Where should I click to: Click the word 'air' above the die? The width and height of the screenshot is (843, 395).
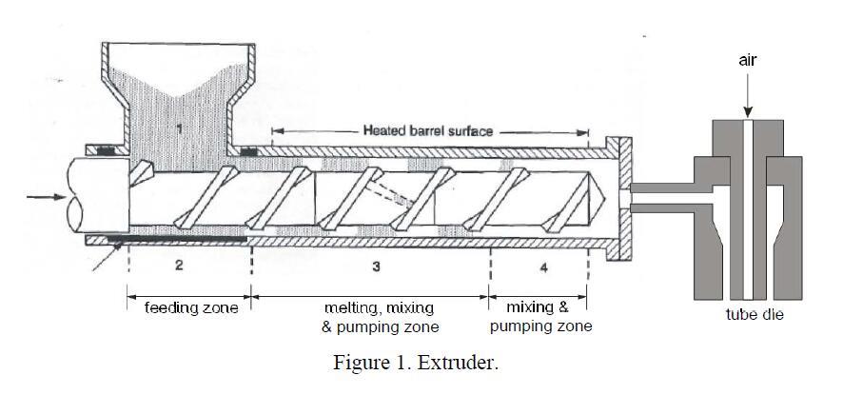(749, 60)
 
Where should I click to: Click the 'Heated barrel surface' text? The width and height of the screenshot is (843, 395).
(428, 130)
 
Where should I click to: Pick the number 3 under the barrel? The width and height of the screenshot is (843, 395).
(377, 267)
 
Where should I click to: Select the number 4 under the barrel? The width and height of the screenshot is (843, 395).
(543, 268)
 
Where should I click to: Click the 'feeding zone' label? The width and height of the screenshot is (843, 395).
(190, 308)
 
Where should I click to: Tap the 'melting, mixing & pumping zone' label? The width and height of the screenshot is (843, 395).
(380, 317)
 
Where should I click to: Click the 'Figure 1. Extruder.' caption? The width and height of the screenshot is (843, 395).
(415, 364)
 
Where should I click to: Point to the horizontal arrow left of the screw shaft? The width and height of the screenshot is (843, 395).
(41, 198)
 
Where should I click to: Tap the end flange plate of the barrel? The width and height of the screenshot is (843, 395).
(625, 198)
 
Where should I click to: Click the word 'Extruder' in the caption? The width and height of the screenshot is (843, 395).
(465, 364)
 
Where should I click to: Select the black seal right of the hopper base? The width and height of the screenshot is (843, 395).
(249, 149)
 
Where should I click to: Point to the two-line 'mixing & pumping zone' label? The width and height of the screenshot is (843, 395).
(539, 317)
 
